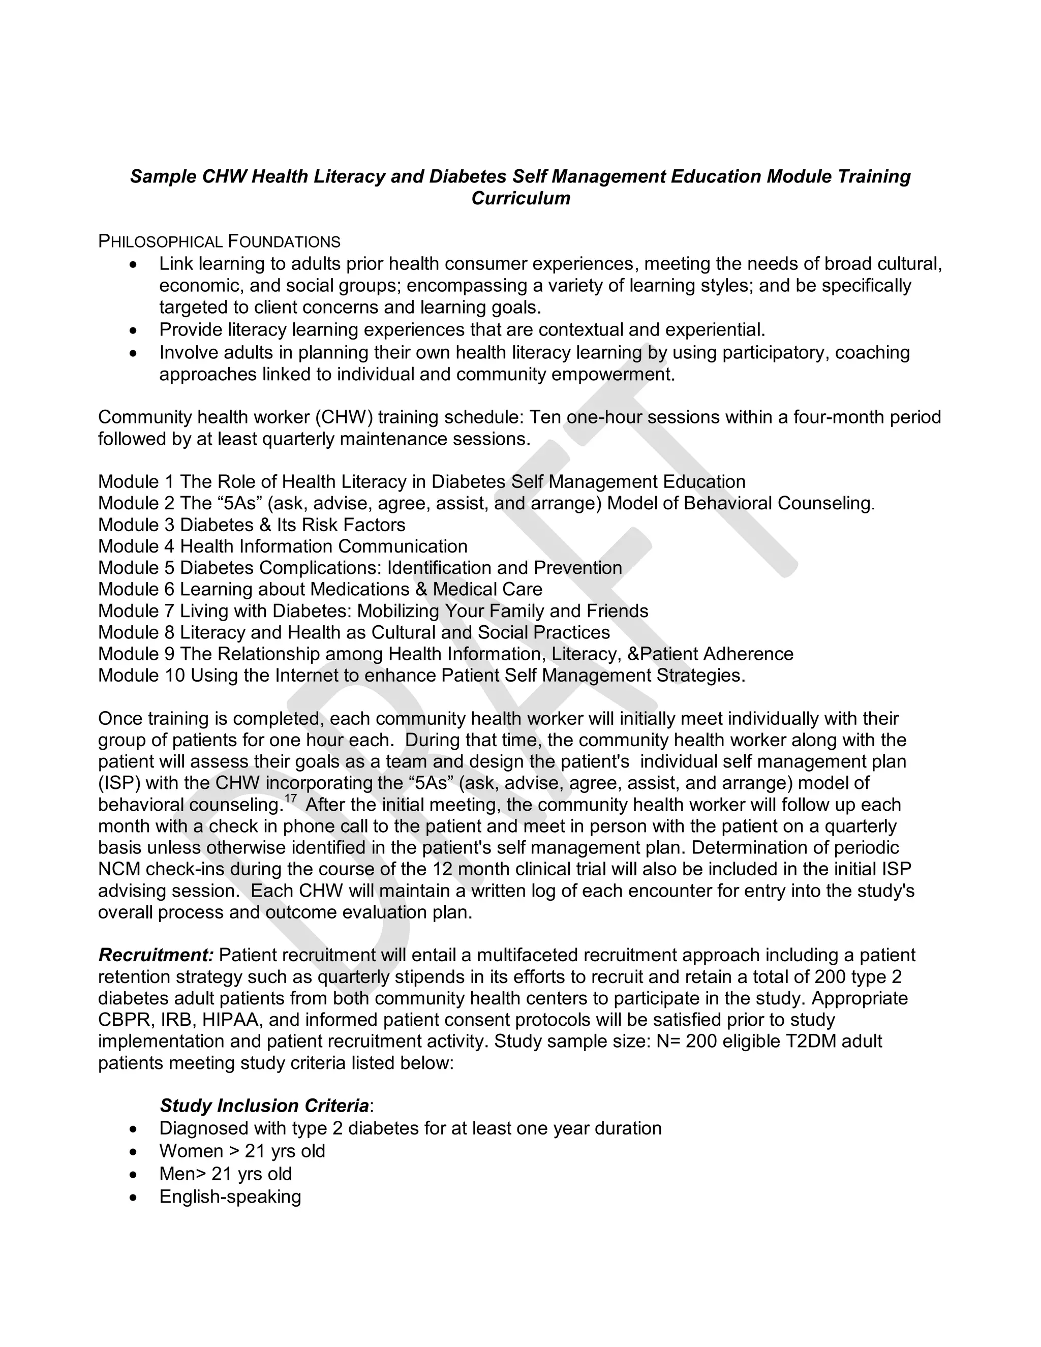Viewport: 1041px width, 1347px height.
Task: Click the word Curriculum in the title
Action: pos(520,199)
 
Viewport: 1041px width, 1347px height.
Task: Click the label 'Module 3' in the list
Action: pos(136,525)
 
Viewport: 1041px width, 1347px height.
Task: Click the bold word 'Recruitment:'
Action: pos(156,956)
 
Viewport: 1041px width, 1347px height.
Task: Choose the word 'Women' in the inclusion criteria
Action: pos(191,1151)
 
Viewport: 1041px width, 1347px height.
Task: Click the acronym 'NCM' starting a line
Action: pos(119,870)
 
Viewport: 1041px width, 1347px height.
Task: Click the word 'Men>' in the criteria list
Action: pos(182,1174)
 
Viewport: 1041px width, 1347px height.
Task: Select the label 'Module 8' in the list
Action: pos(136,633)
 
